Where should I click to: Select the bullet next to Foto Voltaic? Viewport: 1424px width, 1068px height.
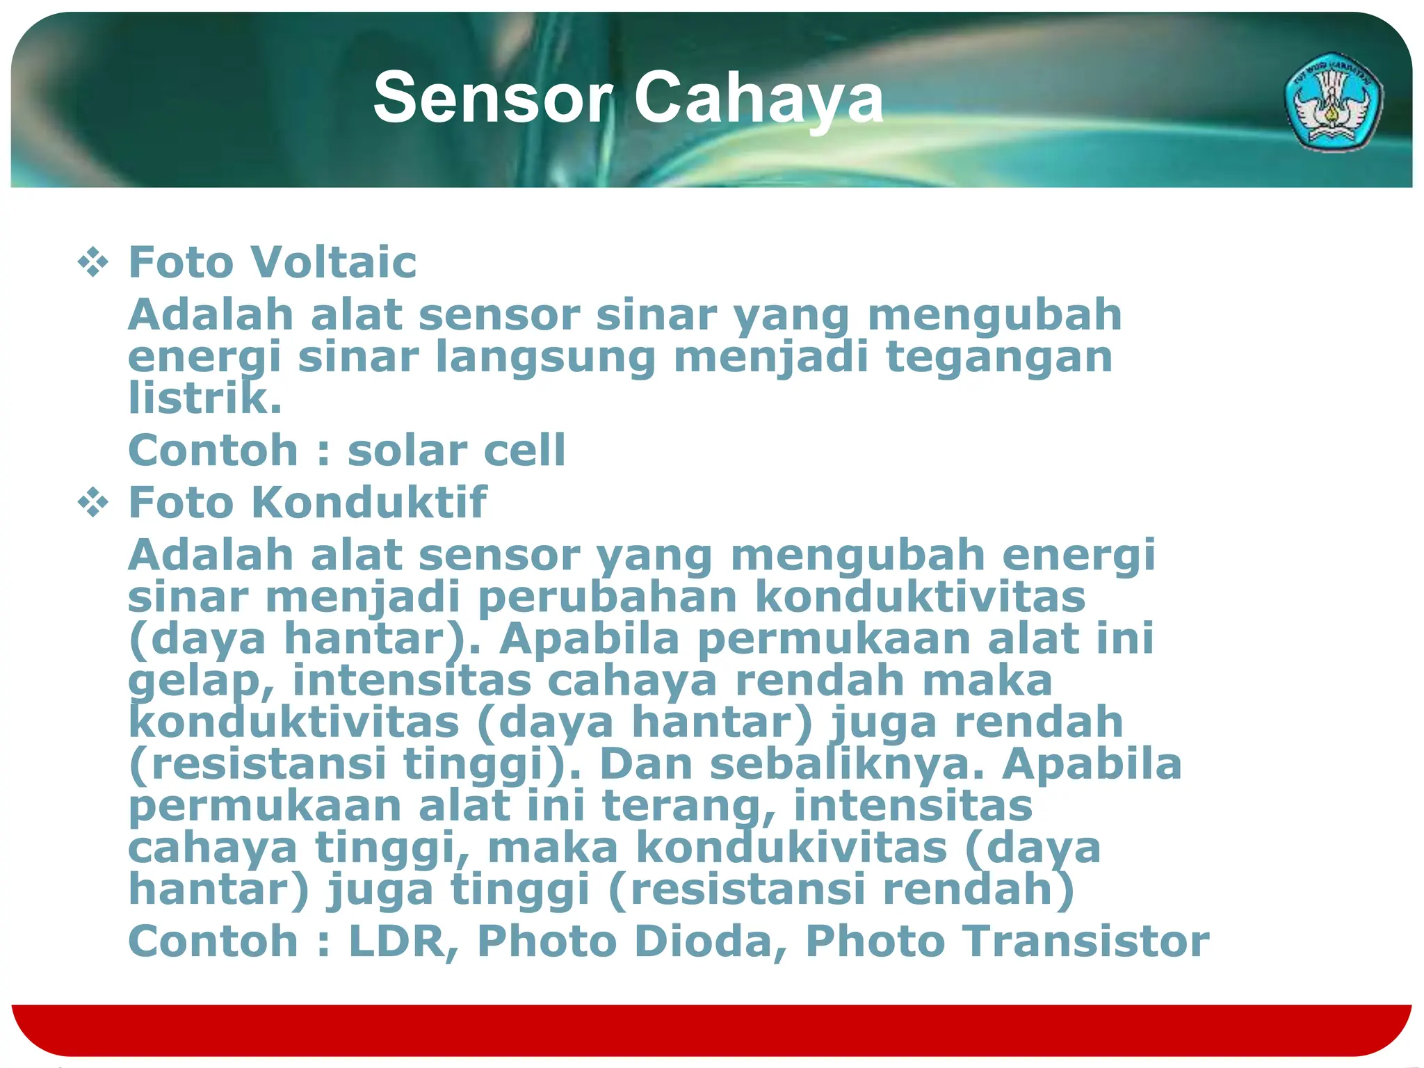[93, 263]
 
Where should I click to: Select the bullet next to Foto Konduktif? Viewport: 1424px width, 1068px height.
[93, 503]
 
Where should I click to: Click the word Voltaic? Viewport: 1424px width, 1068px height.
[333, 262]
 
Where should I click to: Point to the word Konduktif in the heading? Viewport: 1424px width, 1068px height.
[369, 502]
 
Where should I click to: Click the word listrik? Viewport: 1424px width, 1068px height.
[204, 398]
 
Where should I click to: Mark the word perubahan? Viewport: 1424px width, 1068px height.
[608, 597]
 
